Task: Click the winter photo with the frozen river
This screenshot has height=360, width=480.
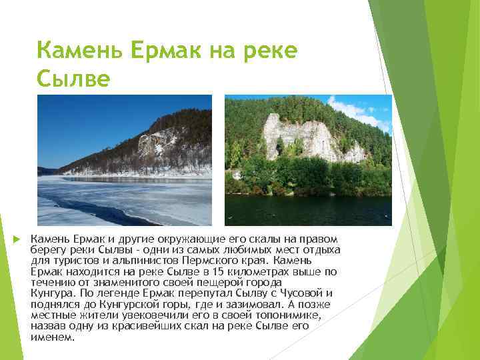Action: (x=124, y=160)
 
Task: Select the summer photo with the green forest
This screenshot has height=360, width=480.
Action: (x=308, y=160)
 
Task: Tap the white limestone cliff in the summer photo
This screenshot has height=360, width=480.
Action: (x=300, y=137)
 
